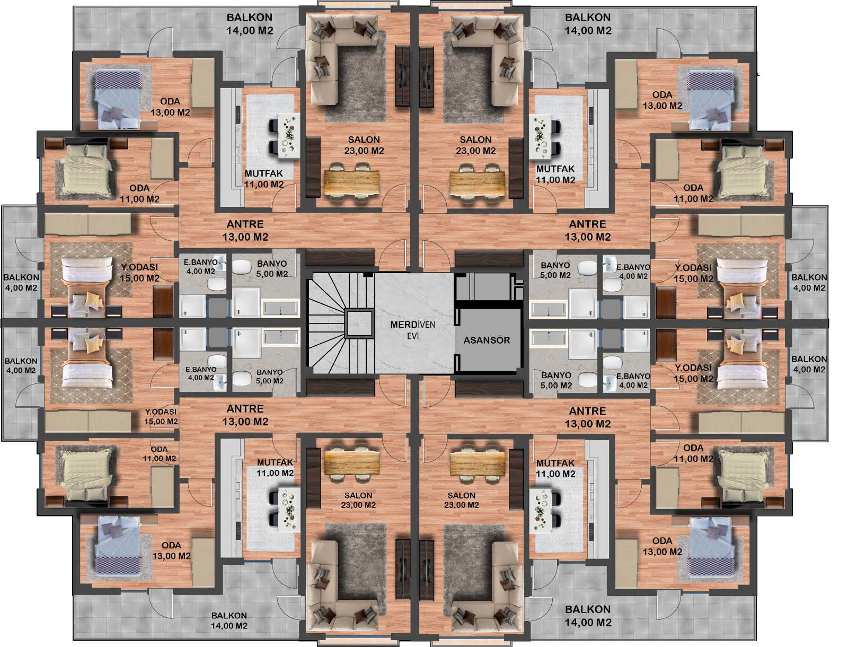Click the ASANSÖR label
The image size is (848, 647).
[487, 340]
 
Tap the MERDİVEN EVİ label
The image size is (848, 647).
[412, 330]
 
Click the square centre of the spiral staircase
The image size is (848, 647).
[359, 323]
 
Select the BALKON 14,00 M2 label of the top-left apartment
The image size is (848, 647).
[250, 24]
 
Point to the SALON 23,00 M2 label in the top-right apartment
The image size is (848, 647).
[475, 145]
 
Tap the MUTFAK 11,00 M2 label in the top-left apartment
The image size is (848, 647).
[264, 179]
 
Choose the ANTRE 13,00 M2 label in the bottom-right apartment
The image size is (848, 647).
[587, 417]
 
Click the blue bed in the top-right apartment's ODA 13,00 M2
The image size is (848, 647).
[711, 100]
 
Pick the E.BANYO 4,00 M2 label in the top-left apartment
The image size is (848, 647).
[200, 267]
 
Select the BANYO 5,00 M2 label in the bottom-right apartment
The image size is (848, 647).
[556, 380]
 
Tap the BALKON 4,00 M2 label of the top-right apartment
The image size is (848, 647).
[809, 283]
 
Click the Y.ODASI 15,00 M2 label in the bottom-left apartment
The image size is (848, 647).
[161, 417]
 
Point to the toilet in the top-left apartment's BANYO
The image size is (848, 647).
[242, 267]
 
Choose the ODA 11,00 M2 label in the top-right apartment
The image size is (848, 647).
[693, 193]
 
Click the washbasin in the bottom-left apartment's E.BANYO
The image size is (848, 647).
[220, 381]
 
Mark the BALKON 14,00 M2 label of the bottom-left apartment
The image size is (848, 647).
[229, 620]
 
